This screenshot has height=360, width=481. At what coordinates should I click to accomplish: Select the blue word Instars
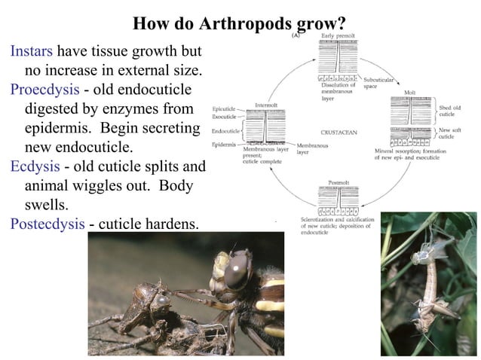tap(32, 52)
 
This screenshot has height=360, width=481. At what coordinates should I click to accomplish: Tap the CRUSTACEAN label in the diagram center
tap(339, 132)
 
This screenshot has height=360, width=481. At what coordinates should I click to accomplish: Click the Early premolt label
tap(337, 36)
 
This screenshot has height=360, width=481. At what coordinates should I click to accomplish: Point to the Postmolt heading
tap(339, 182)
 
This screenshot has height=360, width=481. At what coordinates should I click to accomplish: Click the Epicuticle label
tap(225, 110)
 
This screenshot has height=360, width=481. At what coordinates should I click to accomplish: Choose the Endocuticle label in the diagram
tap(225, 130)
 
